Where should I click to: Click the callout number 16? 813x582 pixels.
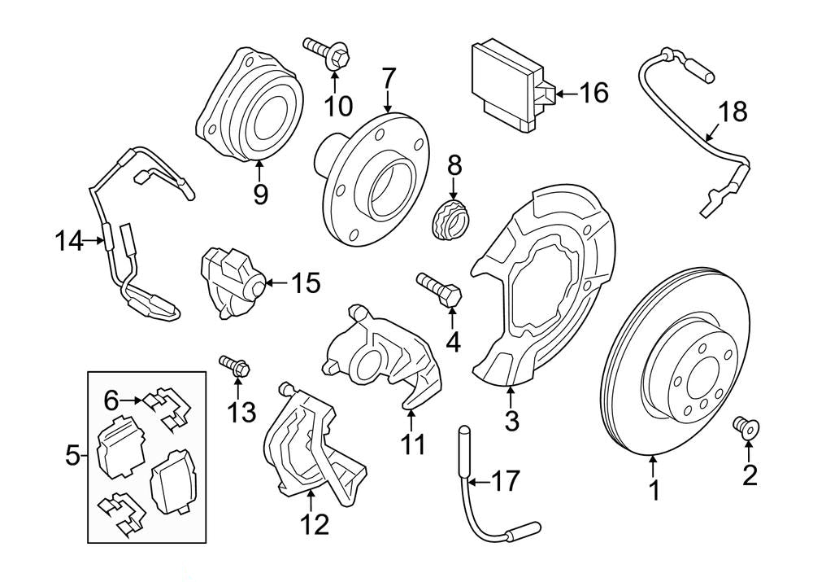coord(593,93)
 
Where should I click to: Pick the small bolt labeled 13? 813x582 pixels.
coord(234,365)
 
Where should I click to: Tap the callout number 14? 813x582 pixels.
coord(70,241)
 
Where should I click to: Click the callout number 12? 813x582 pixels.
coord(315,523)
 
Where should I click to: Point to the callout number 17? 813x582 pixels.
coord(504,482)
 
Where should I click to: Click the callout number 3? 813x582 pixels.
coord(511,421)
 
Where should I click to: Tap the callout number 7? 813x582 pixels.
coord(388,79)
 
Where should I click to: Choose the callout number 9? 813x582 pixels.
coord(260,194)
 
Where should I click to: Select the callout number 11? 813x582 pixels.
coord(412,444)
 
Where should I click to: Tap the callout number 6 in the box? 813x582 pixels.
coord(111,399)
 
